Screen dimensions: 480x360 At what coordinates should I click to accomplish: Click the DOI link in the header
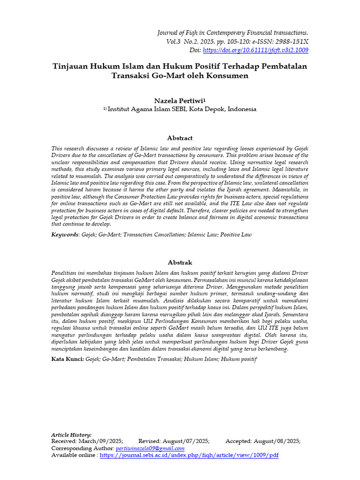(x=255, y=50)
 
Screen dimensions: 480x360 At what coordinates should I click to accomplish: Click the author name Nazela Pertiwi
(x=180, y=101)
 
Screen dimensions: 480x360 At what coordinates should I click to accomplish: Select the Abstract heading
(x=180, y=138)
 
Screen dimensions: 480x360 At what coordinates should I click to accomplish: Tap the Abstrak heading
(x=180, y=262)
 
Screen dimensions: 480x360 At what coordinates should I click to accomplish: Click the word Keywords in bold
(x=65, y=234)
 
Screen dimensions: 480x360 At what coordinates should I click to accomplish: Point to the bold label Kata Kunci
(x=67, y=359)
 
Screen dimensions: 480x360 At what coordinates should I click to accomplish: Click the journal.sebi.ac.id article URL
(x=189, y=455)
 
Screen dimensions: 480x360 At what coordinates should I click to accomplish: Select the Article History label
(x=71, y=435)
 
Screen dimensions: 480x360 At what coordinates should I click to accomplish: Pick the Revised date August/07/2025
(x=187, y=442)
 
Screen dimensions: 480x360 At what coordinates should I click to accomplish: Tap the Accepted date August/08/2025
(x=277, y=442)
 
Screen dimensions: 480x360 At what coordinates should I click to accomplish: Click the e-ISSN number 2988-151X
(x=292, y=41)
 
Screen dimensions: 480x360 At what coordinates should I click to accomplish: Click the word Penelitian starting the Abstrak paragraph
(x=67, y=272)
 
